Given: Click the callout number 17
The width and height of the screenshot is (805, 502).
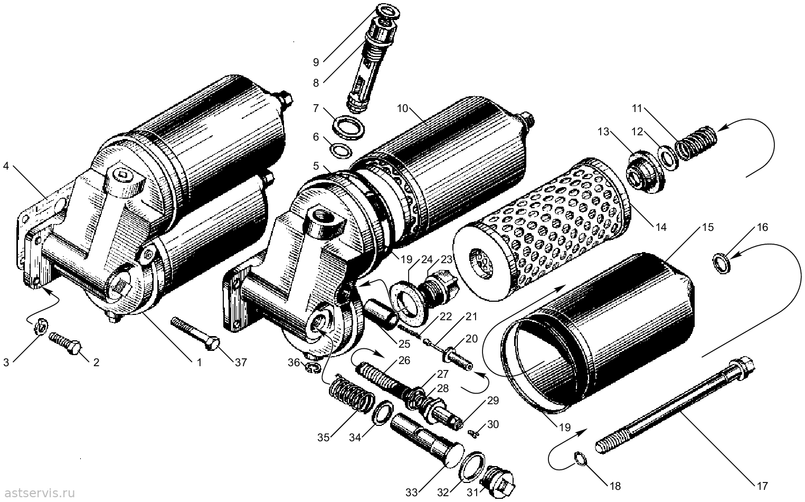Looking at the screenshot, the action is [762, 486].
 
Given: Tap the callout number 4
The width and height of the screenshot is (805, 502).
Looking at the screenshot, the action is [6, 166].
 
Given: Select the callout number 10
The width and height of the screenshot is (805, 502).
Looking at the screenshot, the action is [403, 108].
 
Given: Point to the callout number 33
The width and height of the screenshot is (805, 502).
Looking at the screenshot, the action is [412, 492].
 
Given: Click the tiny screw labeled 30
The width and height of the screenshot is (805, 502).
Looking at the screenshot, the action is [474, 434].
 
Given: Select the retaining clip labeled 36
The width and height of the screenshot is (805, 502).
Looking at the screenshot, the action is [314, 368].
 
